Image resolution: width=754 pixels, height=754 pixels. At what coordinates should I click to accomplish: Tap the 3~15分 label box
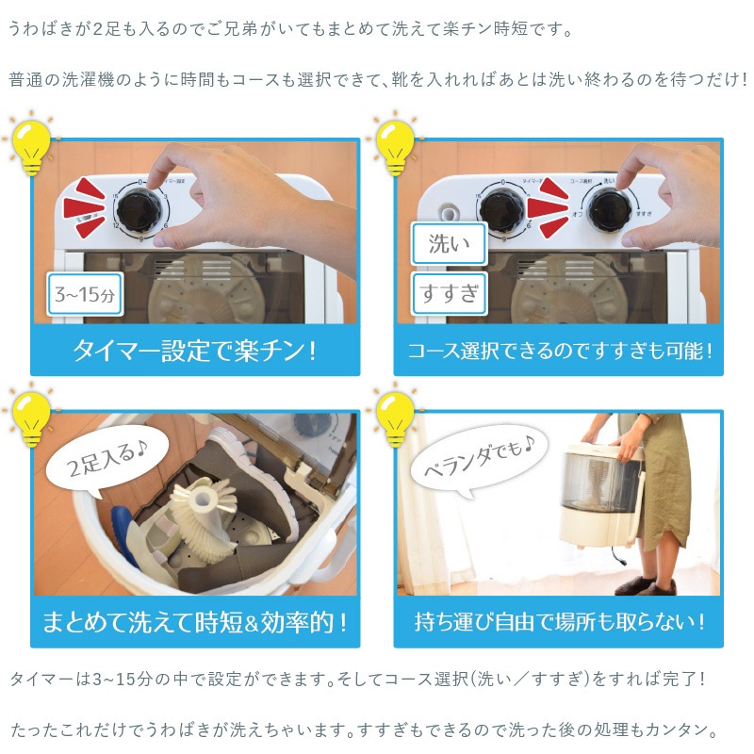pyautogui.click(x=85, y=294)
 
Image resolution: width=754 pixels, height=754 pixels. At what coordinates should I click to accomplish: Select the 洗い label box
pyautogui.click(x=450, y=243)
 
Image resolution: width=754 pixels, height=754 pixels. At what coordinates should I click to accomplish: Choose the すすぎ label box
pyautogui.click(x=450, y=293)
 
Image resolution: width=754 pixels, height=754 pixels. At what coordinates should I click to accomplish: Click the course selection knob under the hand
pyautogui.click(x=610, y=210)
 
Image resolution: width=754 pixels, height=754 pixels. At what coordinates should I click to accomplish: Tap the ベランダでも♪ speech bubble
pyautogui.click(x=480, y=458)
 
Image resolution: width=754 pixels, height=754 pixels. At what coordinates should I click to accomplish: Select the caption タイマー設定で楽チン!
pyautogui.click(x=195, y=351)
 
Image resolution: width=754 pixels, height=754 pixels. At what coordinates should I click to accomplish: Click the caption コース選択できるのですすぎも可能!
pyautogui.click(x=559, y=351)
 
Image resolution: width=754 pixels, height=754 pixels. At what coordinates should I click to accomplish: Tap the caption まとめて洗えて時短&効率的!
pyautogui.click(x=195, y=622)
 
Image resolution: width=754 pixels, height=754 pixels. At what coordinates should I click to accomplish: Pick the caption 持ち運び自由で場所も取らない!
pyautogui.click(x=559, y=622)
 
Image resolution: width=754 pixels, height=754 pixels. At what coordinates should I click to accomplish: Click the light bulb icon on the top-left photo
pyautogui.click(x=31, y=143)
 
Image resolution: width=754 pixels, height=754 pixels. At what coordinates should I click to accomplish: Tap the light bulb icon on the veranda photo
pyautogui.click(x=395, y=415)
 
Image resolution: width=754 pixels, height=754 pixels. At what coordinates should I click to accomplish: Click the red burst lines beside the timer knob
pyautogui.click(x=85, y=207)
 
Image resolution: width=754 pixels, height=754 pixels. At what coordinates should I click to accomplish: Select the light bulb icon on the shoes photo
pyautogui.click(x=31, y=415)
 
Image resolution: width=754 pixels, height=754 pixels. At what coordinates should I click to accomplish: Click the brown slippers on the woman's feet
pyautogui.click(x=646, y=585)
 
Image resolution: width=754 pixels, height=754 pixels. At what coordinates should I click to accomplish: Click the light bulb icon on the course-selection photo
pyautogui.click(x=395, y=143)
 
